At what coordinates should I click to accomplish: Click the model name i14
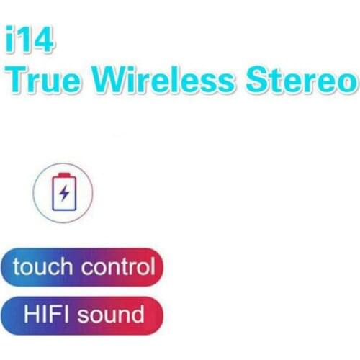[30, 39]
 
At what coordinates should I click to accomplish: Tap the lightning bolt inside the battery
[64, 192]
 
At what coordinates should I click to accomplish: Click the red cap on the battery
[64, 174]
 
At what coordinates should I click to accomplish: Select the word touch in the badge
[42, 266]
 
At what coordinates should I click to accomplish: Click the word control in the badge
[118, 266]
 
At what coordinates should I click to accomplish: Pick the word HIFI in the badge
[46, 313]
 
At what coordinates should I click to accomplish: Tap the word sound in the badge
[111, 314]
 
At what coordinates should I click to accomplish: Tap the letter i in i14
[9, 39]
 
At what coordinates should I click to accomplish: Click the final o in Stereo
[347, 81]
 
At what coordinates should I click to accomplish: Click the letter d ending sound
[138, 314]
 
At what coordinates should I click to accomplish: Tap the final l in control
[153, 266]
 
